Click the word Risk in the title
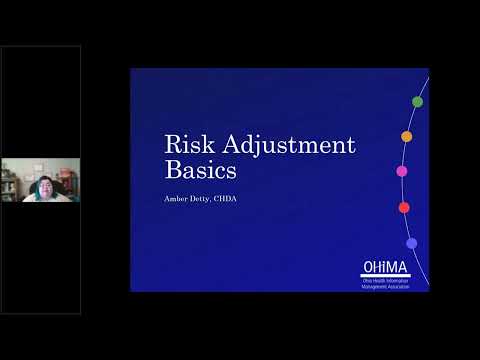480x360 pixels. pyautogui.click(x=188, y=145)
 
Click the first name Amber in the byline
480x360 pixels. pyautogui.click(x=179, y=197)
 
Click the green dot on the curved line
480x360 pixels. pyautogui.click(x=417, y=102)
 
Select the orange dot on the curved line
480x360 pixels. pyautogui.click(x=407, y=136)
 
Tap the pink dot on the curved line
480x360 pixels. pyautogui.click(x=402, y=171)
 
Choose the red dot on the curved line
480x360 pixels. pyautogui.click(x=404, y=208)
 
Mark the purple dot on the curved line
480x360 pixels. pyautogui.click(x=412, y=243)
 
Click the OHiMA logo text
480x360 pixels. pyautogui.click(x=386, y=268)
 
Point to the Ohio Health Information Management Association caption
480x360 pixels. pyautogui.click(x=386, y=283)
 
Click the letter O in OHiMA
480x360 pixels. pyautogui.click(x=367, y=268)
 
